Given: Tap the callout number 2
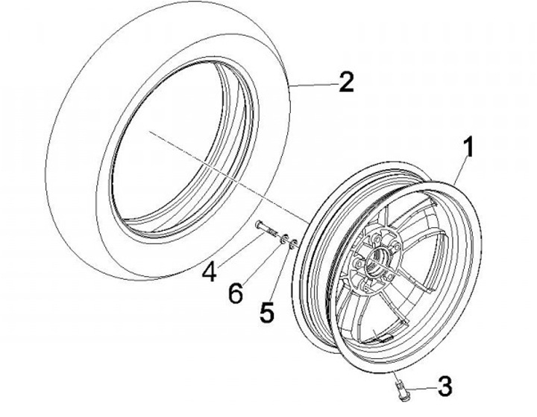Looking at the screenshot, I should click(x=345, y=82).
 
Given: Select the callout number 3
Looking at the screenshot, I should click(x=445, y=387).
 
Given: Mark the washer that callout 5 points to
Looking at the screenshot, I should click(x=296, y=241).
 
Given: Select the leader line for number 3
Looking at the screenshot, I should click(x=425, y=386).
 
